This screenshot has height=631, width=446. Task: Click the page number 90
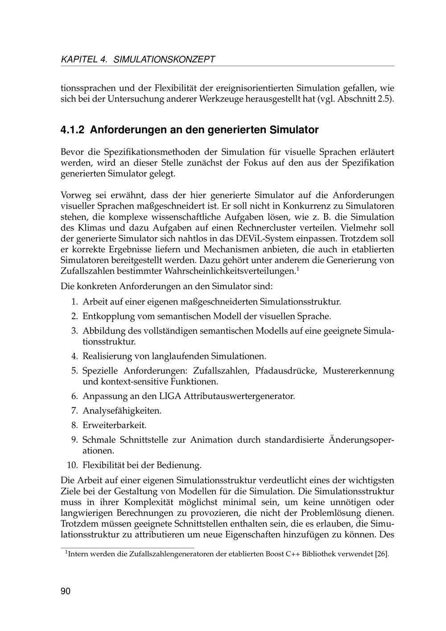coord(66,591)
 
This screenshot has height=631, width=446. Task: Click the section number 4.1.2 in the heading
coord(72,130)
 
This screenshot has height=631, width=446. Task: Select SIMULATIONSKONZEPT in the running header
coord(165,59)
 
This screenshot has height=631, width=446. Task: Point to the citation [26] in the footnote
coord(382,554)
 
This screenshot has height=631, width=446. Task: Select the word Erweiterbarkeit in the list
coord(114,425)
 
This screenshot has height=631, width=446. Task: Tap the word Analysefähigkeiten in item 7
coord(122,411)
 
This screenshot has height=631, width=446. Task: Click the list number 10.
coord(73,465)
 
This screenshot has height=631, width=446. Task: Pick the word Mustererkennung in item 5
coord(359,371)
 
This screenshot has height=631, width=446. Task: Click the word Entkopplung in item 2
coord(108,316)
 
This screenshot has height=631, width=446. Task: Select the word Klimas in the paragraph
coord(85,228)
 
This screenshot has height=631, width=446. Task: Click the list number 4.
coord(74,356)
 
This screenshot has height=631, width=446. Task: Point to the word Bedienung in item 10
coord(178,465)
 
